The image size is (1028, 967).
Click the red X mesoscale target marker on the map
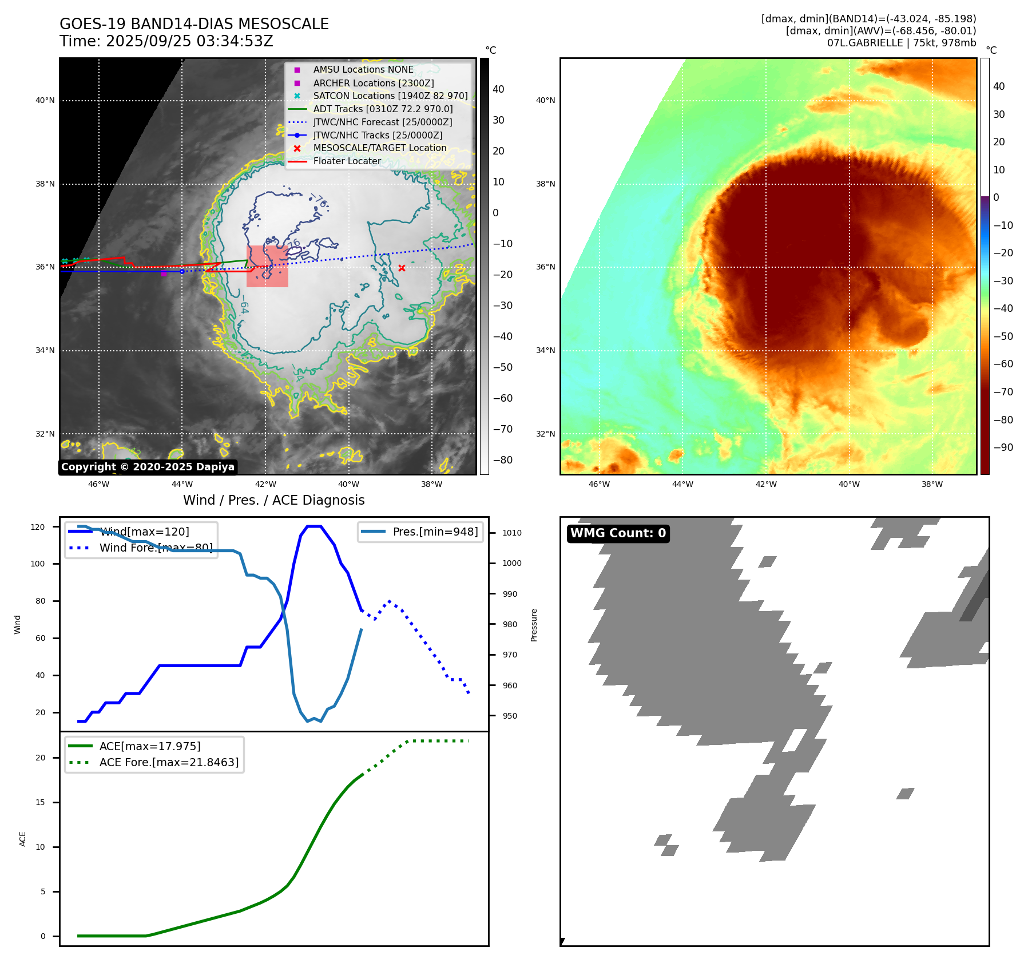pyautogui.click(x=402, y=268)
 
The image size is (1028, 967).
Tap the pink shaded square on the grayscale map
pyautogui.click(x=267, y=266)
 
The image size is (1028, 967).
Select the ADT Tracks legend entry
pyautogui.click(x=383, y=109)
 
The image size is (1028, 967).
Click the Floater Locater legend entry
pyautogui.click(x=347, y=161)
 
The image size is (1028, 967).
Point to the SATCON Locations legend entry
pyautogui.click(x=390, y=96)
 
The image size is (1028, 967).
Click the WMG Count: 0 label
pyautogui.click(x=618, y=533)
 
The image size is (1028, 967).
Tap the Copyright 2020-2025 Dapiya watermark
pyautogui.click(x=148, y=467)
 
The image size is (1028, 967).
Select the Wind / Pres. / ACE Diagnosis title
pyautogui.click(x=273, y=500)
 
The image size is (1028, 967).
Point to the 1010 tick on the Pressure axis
pyautogui.click(x=511, y=533)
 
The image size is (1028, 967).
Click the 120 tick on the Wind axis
pyautogui.click(x=38, y=527)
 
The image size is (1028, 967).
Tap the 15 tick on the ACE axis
pyautogui.click(x=40, y=802)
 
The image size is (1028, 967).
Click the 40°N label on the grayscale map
pyautogui.click(x=45, y=101)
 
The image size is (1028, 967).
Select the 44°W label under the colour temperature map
pyautogui.click(x=682, y=484)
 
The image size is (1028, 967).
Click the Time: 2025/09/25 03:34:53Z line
pyautogui.click(x=166, y=41)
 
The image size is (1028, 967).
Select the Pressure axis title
pyautogui.click(x=534, y=625)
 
